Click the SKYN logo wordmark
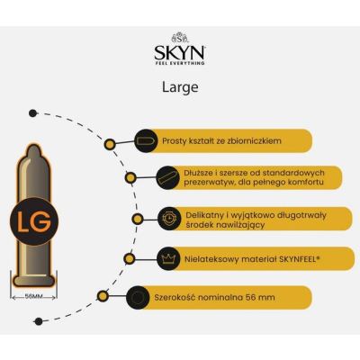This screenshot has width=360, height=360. pos(179,53)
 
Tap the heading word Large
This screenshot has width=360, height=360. pos(180,87)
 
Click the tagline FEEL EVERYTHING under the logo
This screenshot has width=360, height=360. pos(179,63)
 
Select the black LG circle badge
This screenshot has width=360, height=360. pos(34,221)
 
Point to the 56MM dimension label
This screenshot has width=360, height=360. pos(33,297)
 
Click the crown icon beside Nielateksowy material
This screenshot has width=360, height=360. pos(168,258)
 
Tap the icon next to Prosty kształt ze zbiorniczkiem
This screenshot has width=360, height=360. pos(146,141)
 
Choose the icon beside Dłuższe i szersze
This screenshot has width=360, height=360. pos(168,177)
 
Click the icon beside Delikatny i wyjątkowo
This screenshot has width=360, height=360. pos(169,219)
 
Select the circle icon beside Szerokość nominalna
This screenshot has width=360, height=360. pos(138,297)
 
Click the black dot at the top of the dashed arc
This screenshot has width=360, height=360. pos(32,113)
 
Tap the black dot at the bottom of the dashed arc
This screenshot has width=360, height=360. pos(39,321)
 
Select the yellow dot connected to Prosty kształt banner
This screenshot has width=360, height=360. pos(110,145)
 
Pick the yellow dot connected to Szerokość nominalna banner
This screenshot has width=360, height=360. pos(103,296)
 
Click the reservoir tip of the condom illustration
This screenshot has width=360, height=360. pos(34,150)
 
